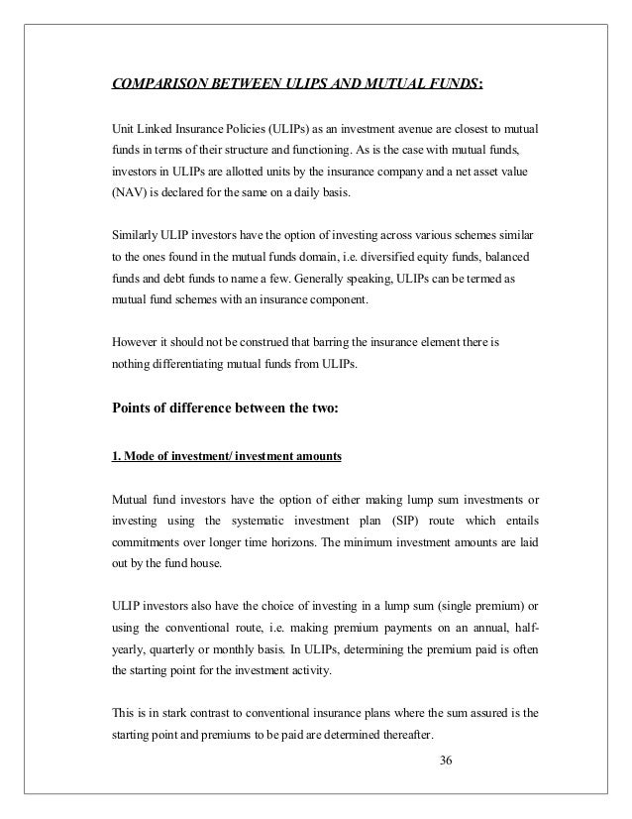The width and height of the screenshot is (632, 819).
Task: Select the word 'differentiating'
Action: point(194,364)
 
